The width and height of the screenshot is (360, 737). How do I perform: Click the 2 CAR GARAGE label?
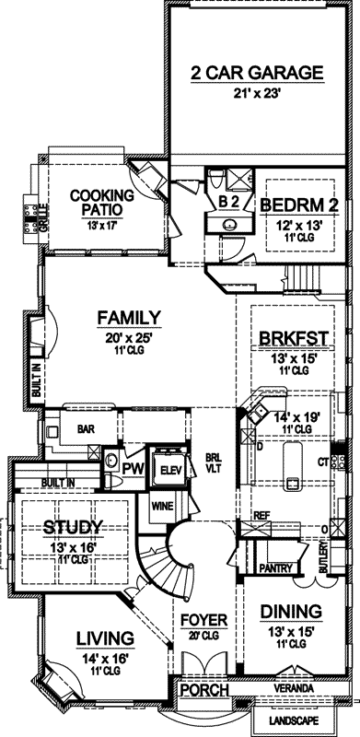pos(257,73)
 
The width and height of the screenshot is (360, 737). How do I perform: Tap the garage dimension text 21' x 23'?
pos(257,92)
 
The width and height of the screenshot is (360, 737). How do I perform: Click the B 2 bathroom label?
pos(228,202)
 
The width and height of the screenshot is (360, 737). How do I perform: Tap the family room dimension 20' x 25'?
pos(130,338)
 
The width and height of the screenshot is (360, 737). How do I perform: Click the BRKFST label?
pos(296,337)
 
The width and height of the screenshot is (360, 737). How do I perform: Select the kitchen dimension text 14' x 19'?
pos(296,417)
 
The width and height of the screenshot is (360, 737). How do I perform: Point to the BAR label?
pos(87,428)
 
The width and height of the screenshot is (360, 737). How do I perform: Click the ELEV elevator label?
pos(168,469)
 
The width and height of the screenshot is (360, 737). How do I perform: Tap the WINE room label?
pos(162,506)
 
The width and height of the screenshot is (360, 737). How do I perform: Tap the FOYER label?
pos(203,618)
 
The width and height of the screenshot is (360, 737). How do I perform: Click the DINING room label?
pos(290,611)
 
